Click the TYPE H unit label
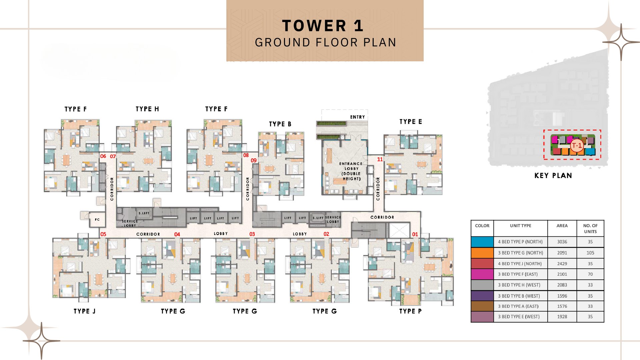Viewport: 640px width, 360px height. point(147,109)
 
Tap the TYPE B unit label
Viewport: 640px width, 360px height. point(280,124)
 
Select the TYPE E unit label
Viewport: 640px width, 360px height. point(411,122)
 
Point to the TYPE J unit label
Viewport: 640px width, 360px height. point(85,311)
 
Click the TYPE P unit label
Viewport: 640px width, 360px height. point(410,311)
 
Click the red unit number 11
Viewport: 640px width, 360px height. point(380,159)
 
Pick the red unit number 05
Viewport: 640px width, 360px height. point(103,234)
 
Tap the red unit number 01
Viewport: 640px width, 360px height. point(415,234)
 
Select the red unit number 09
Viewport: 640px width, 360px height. point(254,160)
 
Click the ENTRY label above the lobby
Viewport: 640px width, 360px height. point(358,117)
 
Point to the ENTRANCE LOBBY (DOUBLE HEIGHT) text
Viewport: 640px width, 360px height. point(351,171)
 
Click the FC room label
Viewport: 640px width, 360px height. point(97,219)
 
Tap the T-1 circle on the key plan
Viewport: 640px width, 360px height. point(577,145)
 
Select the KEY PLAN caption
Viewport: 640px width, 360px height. point(553,176)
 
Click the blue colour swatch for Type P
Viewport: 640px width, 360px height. point(482,242)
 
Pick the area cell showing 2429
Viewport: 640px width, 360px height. point(562,264)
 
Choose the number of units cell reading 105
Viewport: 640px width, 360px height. point(590,253)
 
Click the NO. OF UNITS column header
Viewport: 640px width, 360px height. point(590,228)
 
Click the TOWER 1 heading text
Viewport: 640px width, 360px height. point(323,26)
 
